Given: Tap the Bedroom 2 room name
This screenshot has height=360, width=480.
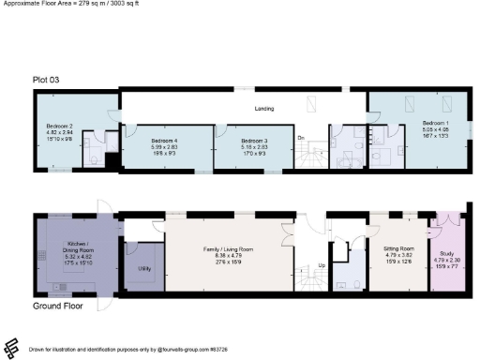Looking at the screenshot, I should click(61, 126).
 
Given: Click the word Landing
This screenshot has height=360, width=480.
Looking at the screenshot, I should click(264, 109).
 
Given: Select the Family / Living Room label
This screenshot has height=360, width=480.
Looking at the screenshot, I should click(230, 248).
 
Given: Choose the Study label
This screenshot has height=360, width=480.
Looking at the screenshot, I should click(445, 253).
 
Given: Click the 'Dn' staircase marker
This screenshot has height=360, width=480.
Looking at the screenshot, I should click(302, 138).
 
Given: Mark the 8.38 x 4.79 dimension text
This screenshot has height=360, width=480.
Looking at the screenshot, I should click(230, 255).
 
